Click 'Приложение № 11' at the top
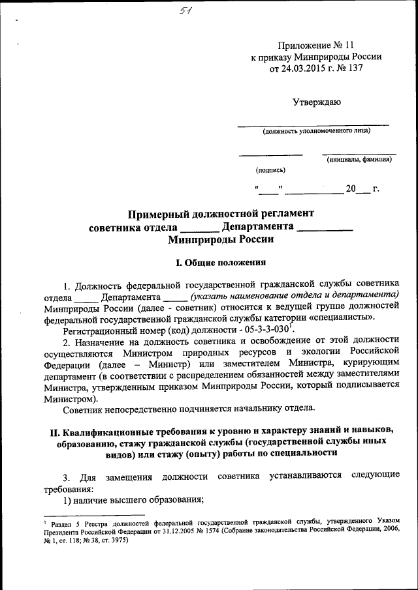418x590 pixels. [x=316, y=45]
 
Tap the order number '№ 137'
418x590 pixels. [x=347, y=67]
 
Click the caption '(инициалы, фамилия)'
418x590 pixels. [x=359, y=160]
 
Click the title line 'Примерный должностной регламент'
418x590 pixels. [x=221, y=213]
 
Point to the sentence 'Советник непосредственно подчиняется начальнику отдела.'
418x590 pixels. [x=189, y=409]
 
